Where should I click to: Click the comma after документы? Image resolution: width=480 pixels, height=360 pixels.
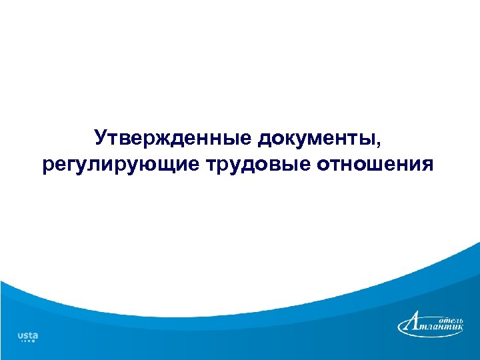coord(382,143)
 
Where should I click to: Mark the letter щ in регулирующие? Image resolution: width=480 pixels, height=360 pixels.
coord(172,165)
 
